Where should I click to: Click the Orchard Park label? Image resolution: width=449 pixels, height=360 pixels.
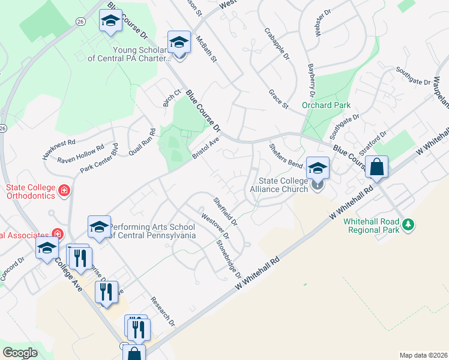326,104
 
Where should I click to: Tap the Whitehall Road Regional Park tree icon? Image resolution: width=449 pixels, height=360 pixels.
409,224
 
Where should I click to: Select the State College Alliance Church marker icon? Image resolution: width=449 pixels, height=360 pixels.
318,187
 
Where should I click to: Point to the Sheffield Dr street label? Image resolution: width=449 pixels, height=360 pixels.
226,211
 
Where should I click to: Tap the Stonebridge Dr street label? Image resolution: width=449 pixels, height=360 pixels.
229,259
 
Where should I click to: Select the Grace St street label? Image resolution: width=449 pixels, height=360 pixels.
279,99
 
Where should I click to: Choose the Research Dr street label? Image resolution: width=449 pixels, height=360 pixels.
163,312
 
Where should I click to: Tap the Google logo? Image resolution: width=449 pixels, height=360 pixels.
20,353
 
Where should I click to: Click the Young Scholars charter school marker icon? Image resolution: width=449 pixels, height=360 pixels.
179,43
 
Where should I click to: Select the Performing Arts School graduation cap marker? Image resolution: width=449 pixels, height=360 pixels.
100,227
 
